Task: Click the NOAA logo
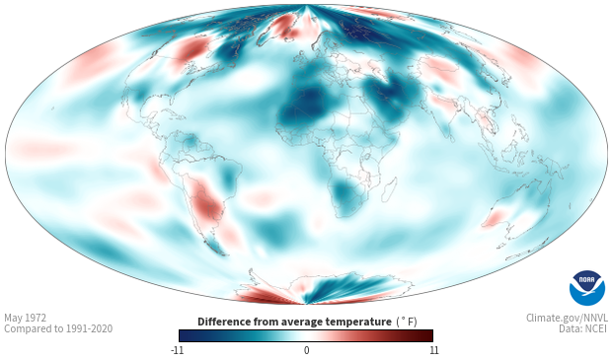587,287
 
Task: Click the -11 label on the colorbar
177,350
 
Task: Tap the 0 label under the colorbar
306,350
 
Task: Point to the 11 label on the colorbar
433,350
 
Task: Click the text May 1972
25,318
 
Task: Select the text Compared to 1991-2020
58,328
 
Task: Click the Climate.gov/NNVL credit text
567,318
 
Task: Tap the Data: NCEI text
583,328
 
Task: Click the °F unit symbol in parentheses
407,322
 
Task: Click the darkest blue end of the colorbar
182,335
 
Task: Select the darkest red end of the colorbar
430,335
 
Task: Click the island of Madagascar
389,188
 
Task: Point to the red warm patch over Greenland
284,25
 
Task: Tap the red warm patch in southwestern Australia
493,218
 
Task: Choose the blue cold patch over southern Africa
344,195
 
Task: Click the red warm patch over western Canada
189,51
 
